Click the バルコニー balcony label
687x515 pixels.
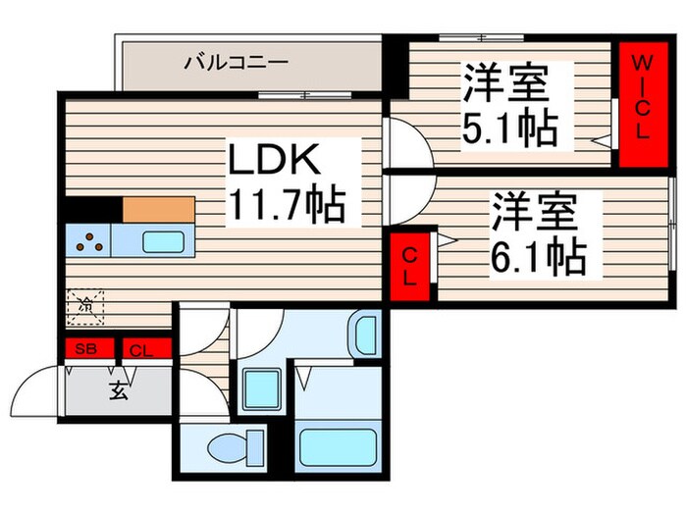236,64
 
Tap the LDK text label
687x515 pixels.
273,159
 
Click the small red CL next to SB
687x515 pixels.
141,348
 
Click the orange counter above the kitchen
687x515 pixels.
158,209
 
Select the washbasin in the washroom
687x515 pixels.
365,334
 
